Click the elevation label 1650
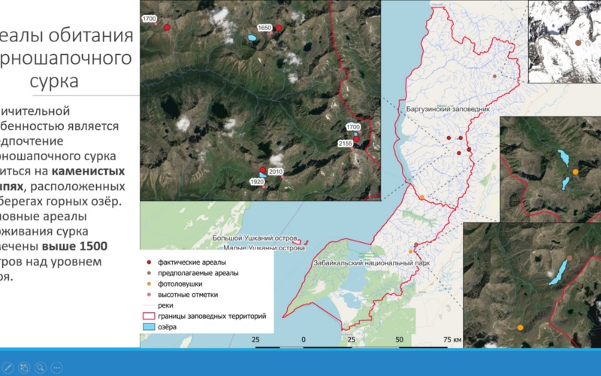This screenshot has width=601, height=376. (264, 28)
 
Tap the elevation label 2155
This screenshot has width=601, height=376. (346, 143)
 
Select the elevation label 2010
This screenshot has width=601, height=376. (275, 172)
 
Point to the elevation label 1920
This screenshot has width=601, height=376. (257, 182)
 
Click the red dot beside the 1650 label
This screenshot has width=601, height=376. (279, 28)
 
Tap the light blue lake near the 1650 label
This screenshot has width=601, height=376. (250, 37)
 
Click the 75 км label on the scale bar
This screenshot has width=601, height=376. (452, 340)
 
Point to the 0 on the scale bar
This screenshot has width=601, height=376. (304, 340)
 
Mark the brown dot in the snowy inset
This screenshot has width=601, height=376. (578, 43)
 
